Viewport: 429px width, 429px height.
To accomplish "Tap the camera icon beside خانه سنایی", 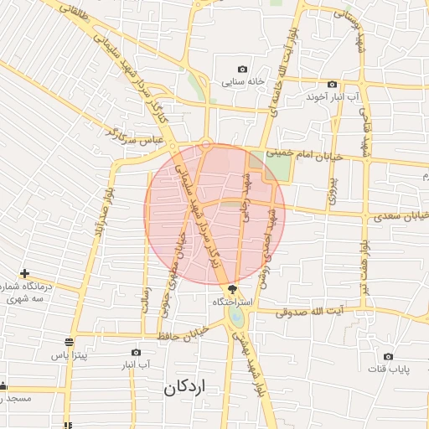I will [x=243, y=69].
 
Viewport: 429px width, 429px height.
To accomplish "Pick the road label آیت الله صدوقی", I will [x=314, y=312].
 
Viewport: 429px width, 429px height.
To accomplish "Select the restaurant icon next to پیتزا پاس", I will [x=69, y=342].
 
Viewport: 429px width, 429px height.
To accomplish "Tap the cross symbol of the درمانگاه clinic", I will [x=25, y=273].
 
